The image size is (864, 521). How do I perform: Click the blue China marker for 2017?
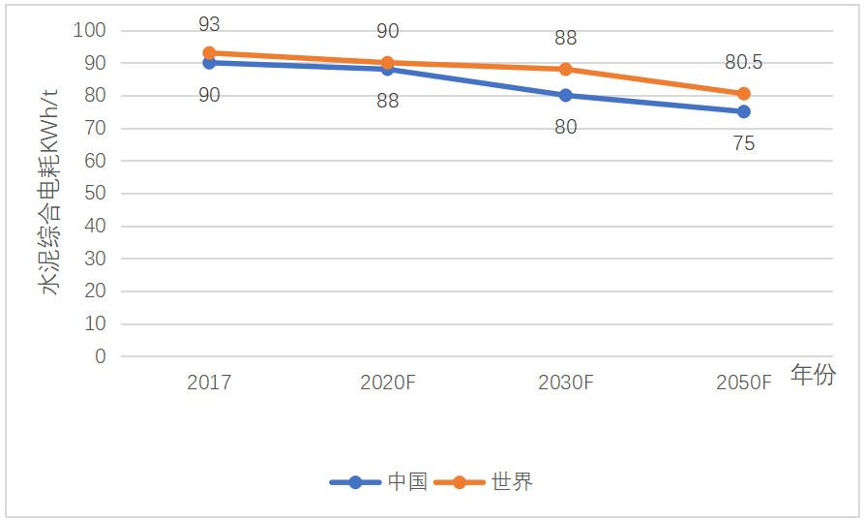[x=209, y=63]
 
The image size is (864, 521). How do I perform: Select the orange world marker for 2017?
[x=209, y=52]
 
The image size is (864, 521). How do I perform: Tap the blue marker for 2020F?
[x=387, y=69]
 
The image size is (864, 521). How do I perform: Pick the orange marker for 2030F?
[x=565, y=69]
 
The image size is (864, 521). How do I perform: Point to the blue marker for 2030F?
[x=565, y=95]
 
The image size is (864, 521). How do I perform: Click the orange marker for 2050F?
[x=743, y=94]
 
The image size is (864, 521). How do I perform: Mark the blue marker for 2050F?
[x=743, y=111]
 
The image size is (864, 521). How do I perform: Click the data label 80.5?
[x=743, y=63]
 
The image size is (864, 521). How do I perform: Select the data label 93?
[x=209, y=24]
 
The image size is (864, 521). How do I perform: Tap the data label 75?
[x=743, y=143]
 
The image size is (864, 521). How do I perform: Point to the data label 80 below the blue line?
[x=565, y=127]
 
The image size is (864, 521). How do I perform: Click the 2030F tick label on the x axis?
[x=565, y=383]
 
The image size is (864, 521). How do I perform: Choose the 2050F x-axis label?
[x=743, y=383]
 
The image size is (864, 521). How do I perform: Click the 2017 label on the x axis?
[x=209, y=383]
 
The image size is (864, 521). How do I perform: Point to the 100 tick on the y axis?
[x=89, y=30]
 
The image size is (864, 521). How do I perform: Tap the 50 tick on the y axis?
[x=94, y=194]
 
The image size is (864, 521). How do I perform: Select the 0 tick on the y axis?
[x=100, y=356]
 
